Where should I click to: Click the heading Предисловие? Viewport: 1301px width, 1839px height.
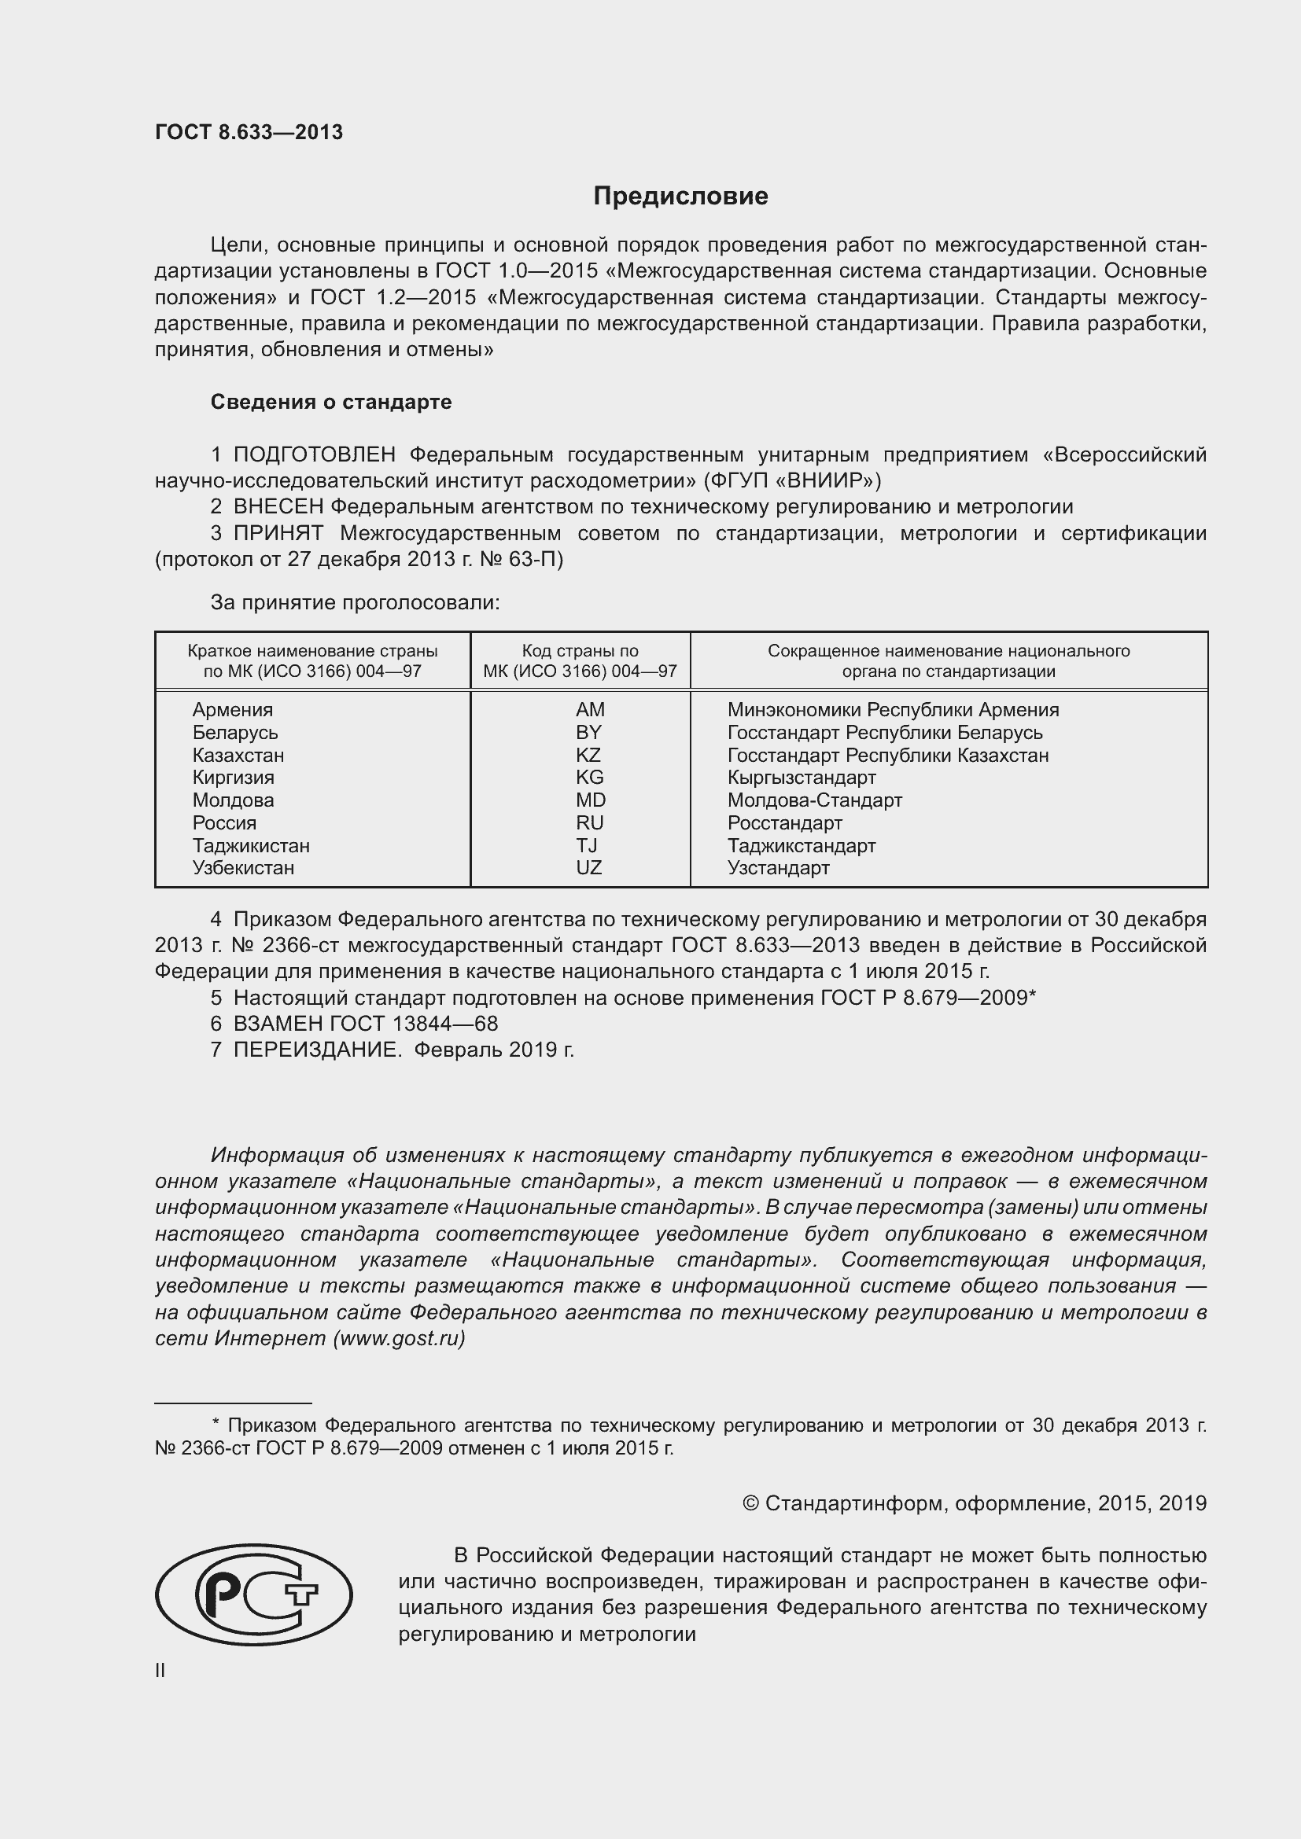point(680,197)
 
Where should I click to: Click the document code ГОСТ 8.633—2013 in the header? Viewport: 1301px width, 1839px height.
point(249,132)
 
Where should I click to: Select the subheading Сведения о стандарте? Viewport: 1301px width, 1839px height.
point(331,402)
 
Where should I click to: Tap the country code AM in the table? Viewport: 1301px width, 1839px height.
point(590,710)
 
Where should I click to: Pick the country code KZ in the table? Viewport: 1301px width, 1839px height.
point(588,756)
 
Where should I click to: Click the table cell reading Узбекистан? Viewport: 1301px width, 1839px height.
point(244,868)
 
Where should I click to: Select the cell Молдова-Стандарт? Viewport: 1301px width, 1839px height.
point(814,800)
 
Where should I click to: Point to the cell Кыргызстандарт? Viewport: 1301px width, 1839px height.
point(801,778)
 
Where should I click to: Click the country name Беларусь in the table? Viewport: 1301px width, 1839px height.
point(234,733)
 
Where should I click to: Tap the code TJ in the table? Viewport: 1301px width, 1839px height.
point(587,846)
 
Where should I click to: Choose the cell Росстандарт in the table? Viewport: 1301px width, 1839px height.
point(784,823)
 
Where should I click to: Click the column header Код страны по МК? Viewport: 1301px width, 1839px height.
point(580,660)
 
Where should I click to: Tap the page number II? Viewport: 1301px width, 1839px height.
point(160,1671)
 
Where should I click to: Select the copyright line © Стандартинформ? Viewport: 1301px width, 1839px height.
point(974,1503)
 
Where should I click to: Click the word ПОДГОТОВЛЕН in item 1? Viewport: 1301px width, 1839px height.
point(314,455)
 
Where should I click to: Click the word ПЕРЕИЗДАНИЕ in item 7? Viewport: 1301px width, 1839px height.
point(316,1050)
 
